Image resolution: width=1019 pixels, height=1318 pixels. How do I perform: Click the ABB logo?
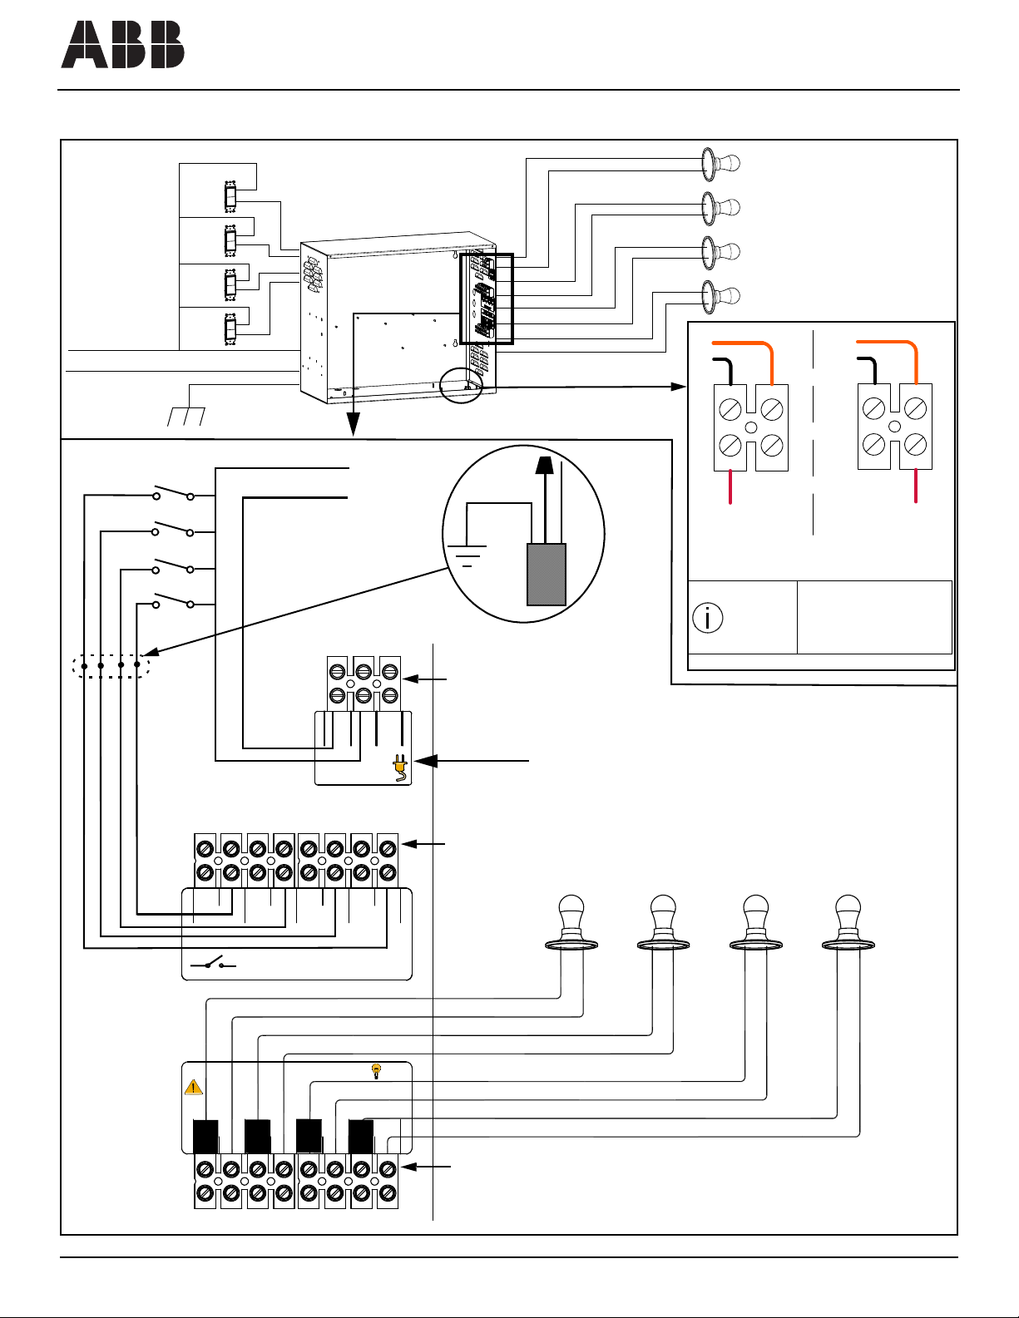[122, 44]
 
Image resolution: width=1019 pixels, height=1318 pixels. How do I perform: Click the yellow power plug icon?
[399, 768]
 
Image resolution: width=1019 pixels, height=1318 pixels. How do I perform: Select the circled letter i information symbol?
[707, 618]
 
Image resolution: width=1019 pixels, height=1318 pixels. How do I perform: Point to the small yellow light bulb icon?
[376, 1071]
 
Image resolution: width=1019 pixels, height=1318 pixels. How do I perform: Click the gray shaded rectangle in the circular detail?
[547, 575]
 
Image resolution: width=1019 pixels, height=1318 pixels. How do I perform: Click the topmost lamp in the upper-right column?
[720, 164]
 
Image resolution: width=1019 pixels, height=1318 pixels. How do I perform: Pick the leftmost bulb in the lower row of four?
[571, 922]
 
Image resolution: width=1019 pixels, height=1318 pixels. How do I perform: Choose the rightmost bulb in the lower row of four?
[848, 922]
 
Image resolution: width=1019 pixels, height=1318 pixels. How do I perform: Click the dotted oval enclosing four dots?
[111, 665]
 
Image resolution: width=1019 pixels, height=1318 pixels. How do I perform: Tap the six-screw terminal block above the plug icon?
[364, 684]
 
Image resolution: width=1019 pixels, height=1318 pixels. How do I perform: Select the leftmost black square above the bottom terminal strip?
[205, 1136]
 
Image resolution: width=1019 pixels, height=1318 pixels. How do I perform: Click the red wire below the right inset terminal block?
[915, 486]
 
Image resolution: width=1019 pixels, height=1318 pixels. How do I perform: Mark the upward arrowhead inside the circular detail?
[546, 464]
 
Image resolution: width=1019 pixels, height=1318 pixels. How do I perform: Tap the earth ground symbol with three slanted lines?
[185, 417]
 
